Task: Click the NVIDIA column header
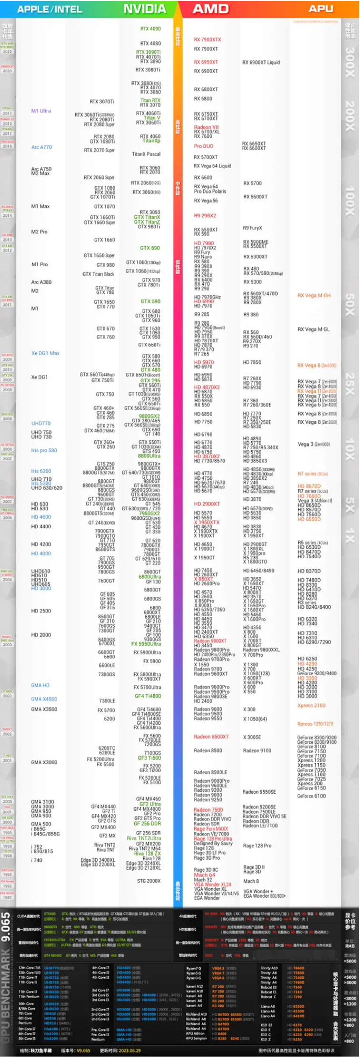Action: (145, 9)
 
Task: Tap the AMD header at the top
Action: (210, 9)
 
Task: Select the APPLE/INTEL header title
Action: (49, 10)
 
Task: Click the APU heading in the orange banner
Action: (321, 9)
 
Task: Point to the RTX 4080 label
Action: (150, 43)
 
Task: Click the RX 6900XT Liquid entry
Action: (261, 62)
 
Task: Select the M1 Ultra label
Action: (41, 111)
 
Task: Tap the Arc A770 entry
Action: (41, 147)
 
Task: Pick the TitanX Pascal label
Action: (146, 154)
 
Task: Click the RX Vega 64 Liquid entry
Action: (212, 166)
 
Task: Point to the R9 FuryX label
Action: (253, 228)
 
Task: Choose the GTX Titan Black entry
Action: (98, 274)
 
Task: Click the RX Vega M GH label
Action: (314, 295)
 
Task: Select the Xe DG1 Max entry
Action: (45, 353)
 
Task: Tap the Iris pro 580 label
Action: (44, 450)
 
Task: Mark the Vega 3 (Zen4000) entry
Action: (313, 444)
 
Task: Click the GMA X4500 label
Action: (44, 699)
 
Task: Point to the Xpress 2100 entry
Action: (311, 706)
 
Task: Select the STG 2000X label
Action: (149, 881)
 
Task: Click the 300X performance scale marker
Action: (350, 62)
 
